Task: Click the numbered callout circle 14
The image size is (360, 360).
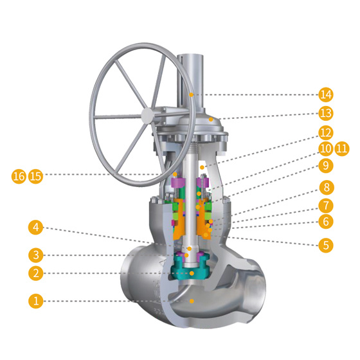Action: pos(326,94)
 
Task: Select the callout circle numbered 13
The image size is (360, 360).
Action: pos(326,113)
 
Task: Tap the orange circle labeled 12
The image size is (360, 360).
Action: pos(326,133)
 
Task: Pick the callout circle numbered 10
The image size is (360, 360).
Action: pos(326,148)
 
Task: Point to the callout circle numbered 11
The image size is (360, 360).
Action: pos(342,148)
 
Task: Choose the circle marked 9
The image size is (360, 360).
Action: pos(326,166)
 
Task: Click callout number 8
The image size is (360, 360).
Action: pos(326,188)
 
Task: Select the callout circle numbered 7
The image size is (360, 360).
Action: pos(326,205)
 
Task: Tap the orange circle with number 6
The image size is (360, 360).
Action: pos(326,222)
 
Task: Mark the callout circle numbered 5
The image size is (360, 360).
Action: pos(326,246)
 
